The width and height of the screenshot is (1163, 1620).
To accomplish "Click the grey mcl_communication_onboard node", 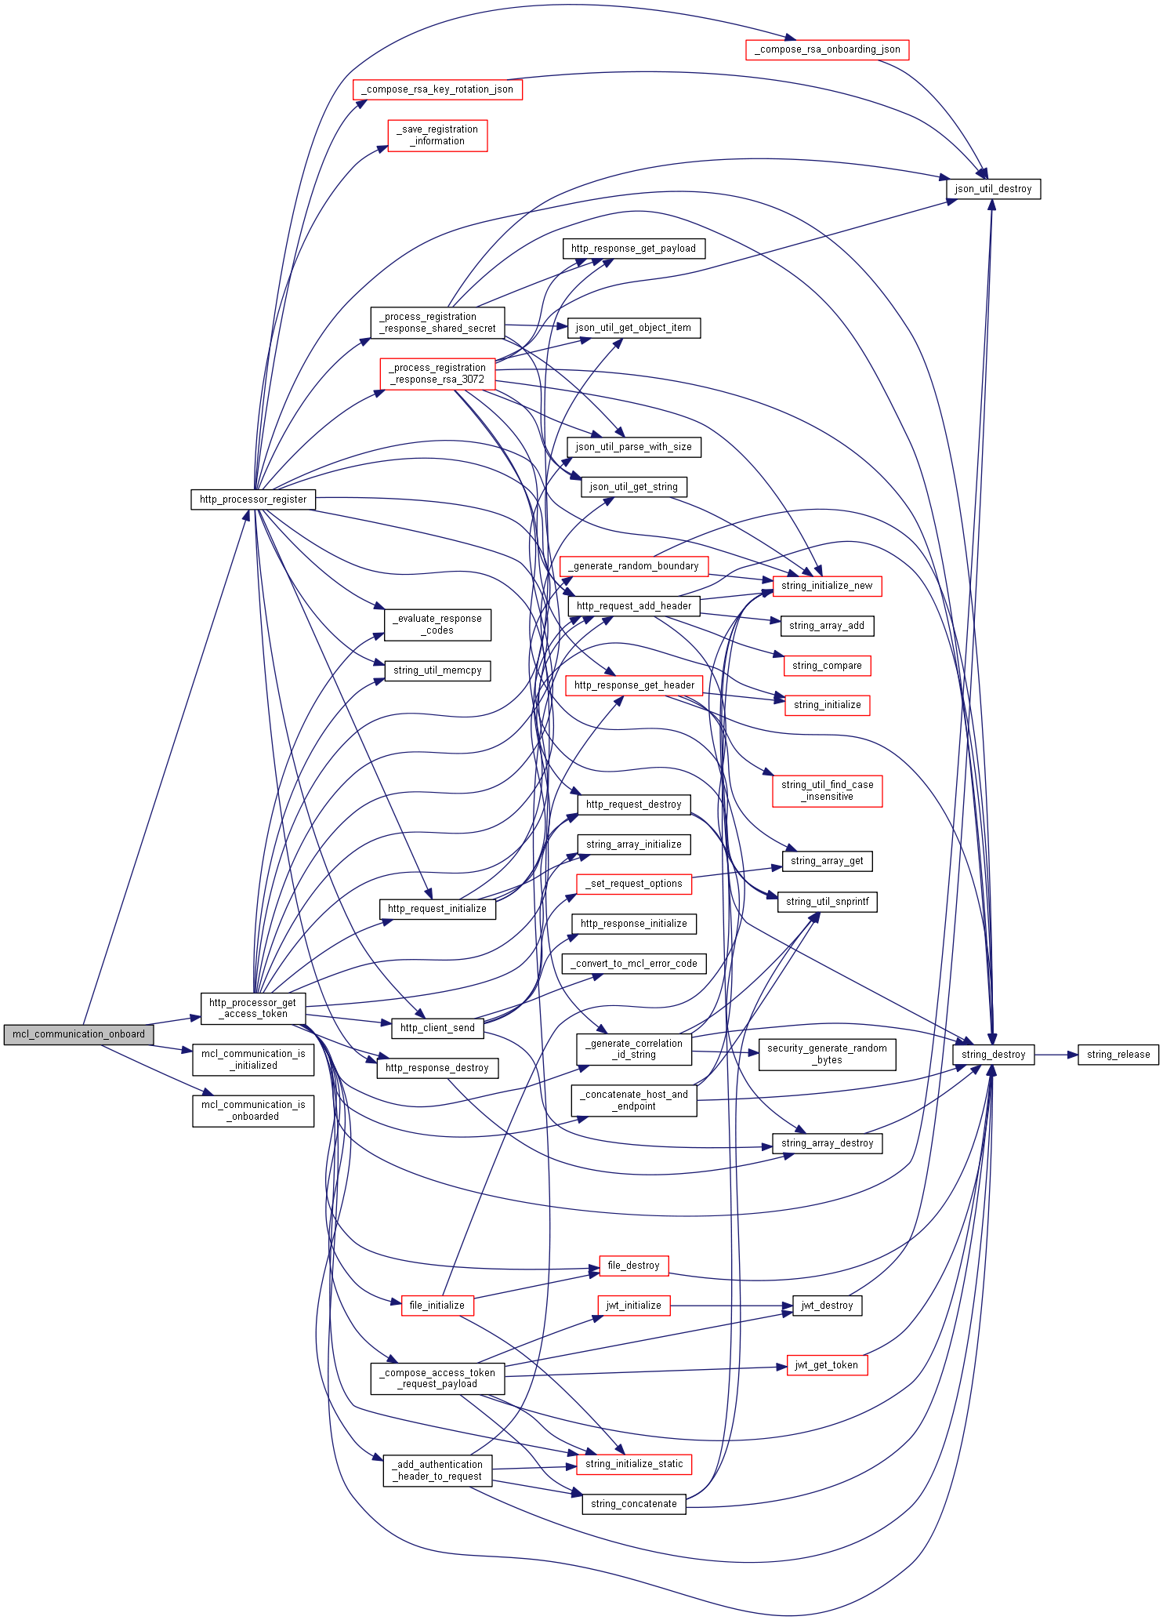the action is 78,1034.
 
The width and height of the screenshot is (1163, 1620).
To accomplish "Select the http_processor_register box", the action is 253,499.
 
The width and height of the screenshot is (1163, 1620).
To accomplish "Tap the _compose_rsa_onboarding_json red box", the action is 827,49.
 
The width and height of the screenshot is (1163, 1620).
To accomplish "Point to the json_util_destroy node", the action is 993,189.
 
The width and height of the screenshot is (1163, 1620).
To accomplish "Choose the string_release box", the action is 1118,1055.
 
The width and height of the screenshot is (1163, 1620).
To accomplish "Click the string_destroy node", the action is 994,1055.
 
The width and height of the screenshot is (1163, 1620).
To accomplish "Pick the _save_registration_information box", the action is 437,136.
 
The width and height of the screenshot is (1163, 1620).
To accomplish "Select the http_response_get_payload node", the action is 633,249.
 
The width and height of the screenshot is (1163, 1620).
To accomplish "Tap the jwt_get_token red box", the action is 827,1365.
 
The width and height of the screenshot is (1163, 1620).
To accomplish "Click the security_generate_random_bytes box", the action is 827,1055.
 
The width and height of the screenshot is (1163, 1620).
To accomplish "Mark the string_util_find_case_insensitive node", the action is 827,790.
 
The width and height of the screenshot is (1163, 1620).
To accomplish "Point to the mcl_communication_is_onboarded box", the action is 253,1110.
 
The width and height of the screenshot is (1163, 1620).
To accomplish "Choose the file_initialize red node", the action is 437,1306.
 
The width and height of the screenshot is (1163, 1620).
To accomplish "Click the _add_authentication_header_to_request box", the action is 437,1470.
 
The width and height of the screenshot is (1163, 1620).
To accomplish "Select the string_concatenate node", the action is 633,1504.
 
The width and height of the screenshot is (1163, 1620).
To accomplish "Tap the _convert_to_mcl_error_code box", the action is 633,964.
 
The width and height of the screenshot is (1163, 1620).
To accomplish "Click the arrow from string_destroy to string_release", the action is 1056,1055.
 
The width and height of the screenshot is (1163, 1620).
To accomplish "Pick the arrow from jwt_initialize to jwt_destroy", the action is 731,1306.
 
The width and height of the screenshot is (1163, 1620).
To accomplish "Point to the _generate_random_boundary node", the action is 633,566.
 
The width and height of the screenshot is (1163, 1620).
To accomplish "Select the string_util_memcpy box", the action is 437,670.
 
